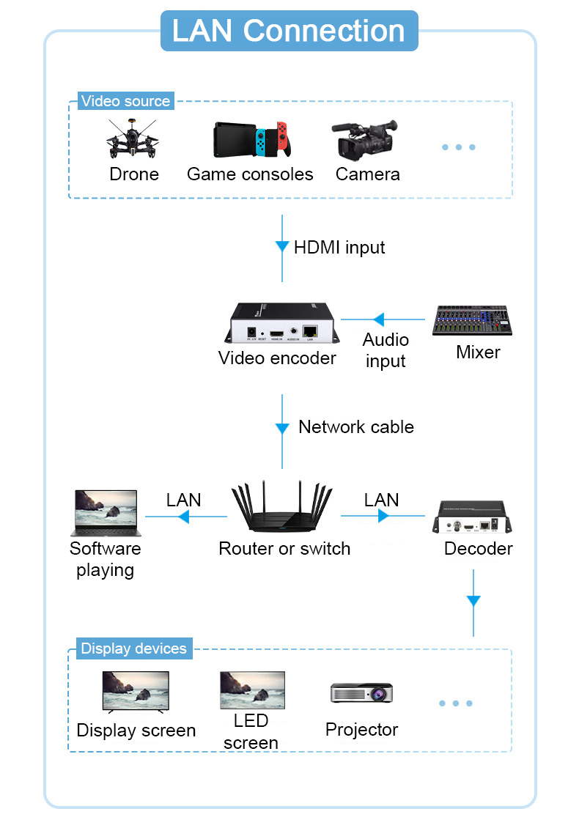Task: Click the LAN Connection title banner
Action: [289, 31]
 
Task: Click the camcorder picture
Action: [366, 141]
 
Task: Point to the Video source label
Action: [125, 101]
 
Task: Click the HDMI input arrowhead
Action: [282, 247]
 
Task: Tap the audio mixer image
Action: [471, 321]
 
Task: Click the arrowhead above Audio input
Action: [378, 319]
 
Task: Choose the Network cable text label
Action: [355, 426]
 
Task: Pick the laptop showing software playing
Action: [106, 514]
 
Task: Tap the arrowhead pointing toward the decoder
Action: [383, 517]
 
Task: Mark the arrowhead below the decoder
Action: [473, 601]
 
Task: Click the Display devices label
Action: [133, 648]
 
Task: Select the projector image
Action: [361, 692]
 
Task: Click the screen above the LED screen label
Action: [252, 690]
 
